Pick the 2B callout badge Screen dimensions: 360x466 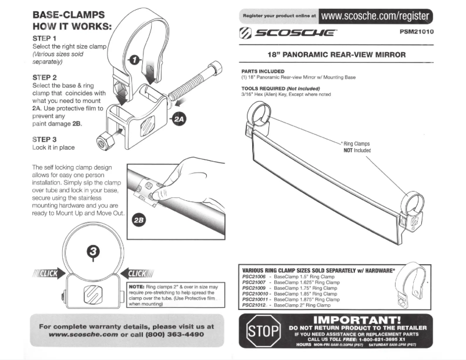click(140, 221)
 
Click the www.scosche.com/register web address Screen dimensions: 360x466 click(376, 16)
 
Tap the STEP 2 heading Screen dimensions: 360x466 click(45, 77)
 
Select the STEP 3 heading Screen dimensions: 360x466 click(45, 139)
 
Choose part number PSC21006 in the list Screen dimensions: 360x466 click(253, 276)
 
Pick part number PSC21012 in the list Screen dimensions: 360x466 click(253, 305)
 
